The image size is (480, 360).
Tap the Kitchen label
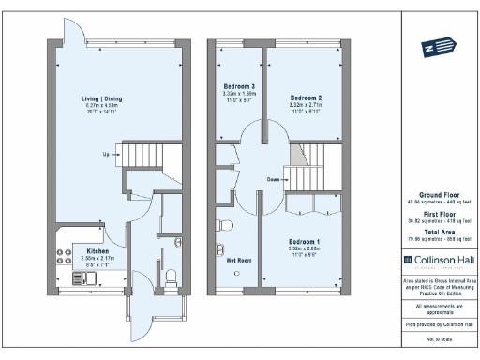click(97, 251)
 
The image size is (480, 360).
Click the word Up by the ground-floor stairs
click(108, 155)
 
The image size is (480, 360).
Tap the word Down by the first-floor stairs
click(273, 178)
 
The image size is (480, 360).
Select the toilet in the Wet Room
click(222, 226)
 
